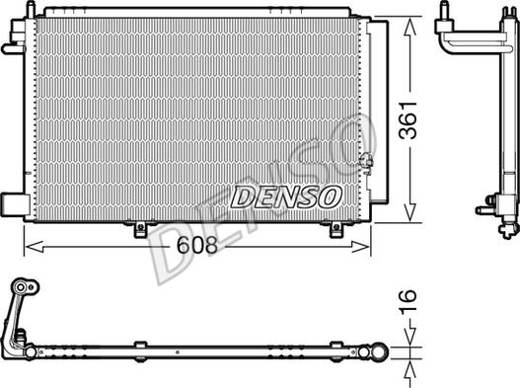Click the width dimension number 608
(197, 245)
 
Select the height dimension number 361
(408, 119)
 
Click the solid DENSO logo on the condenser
(286, 196)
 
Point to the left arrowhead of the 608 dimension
(35, 247)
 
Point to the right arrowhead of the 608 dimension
(360, 247)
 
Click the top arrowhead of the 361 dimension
(409, 27)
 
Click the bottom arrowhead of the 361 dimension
(409, 212)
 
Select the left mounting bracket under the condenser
(140, 229)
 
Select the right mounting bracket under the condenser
(336, 229)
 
